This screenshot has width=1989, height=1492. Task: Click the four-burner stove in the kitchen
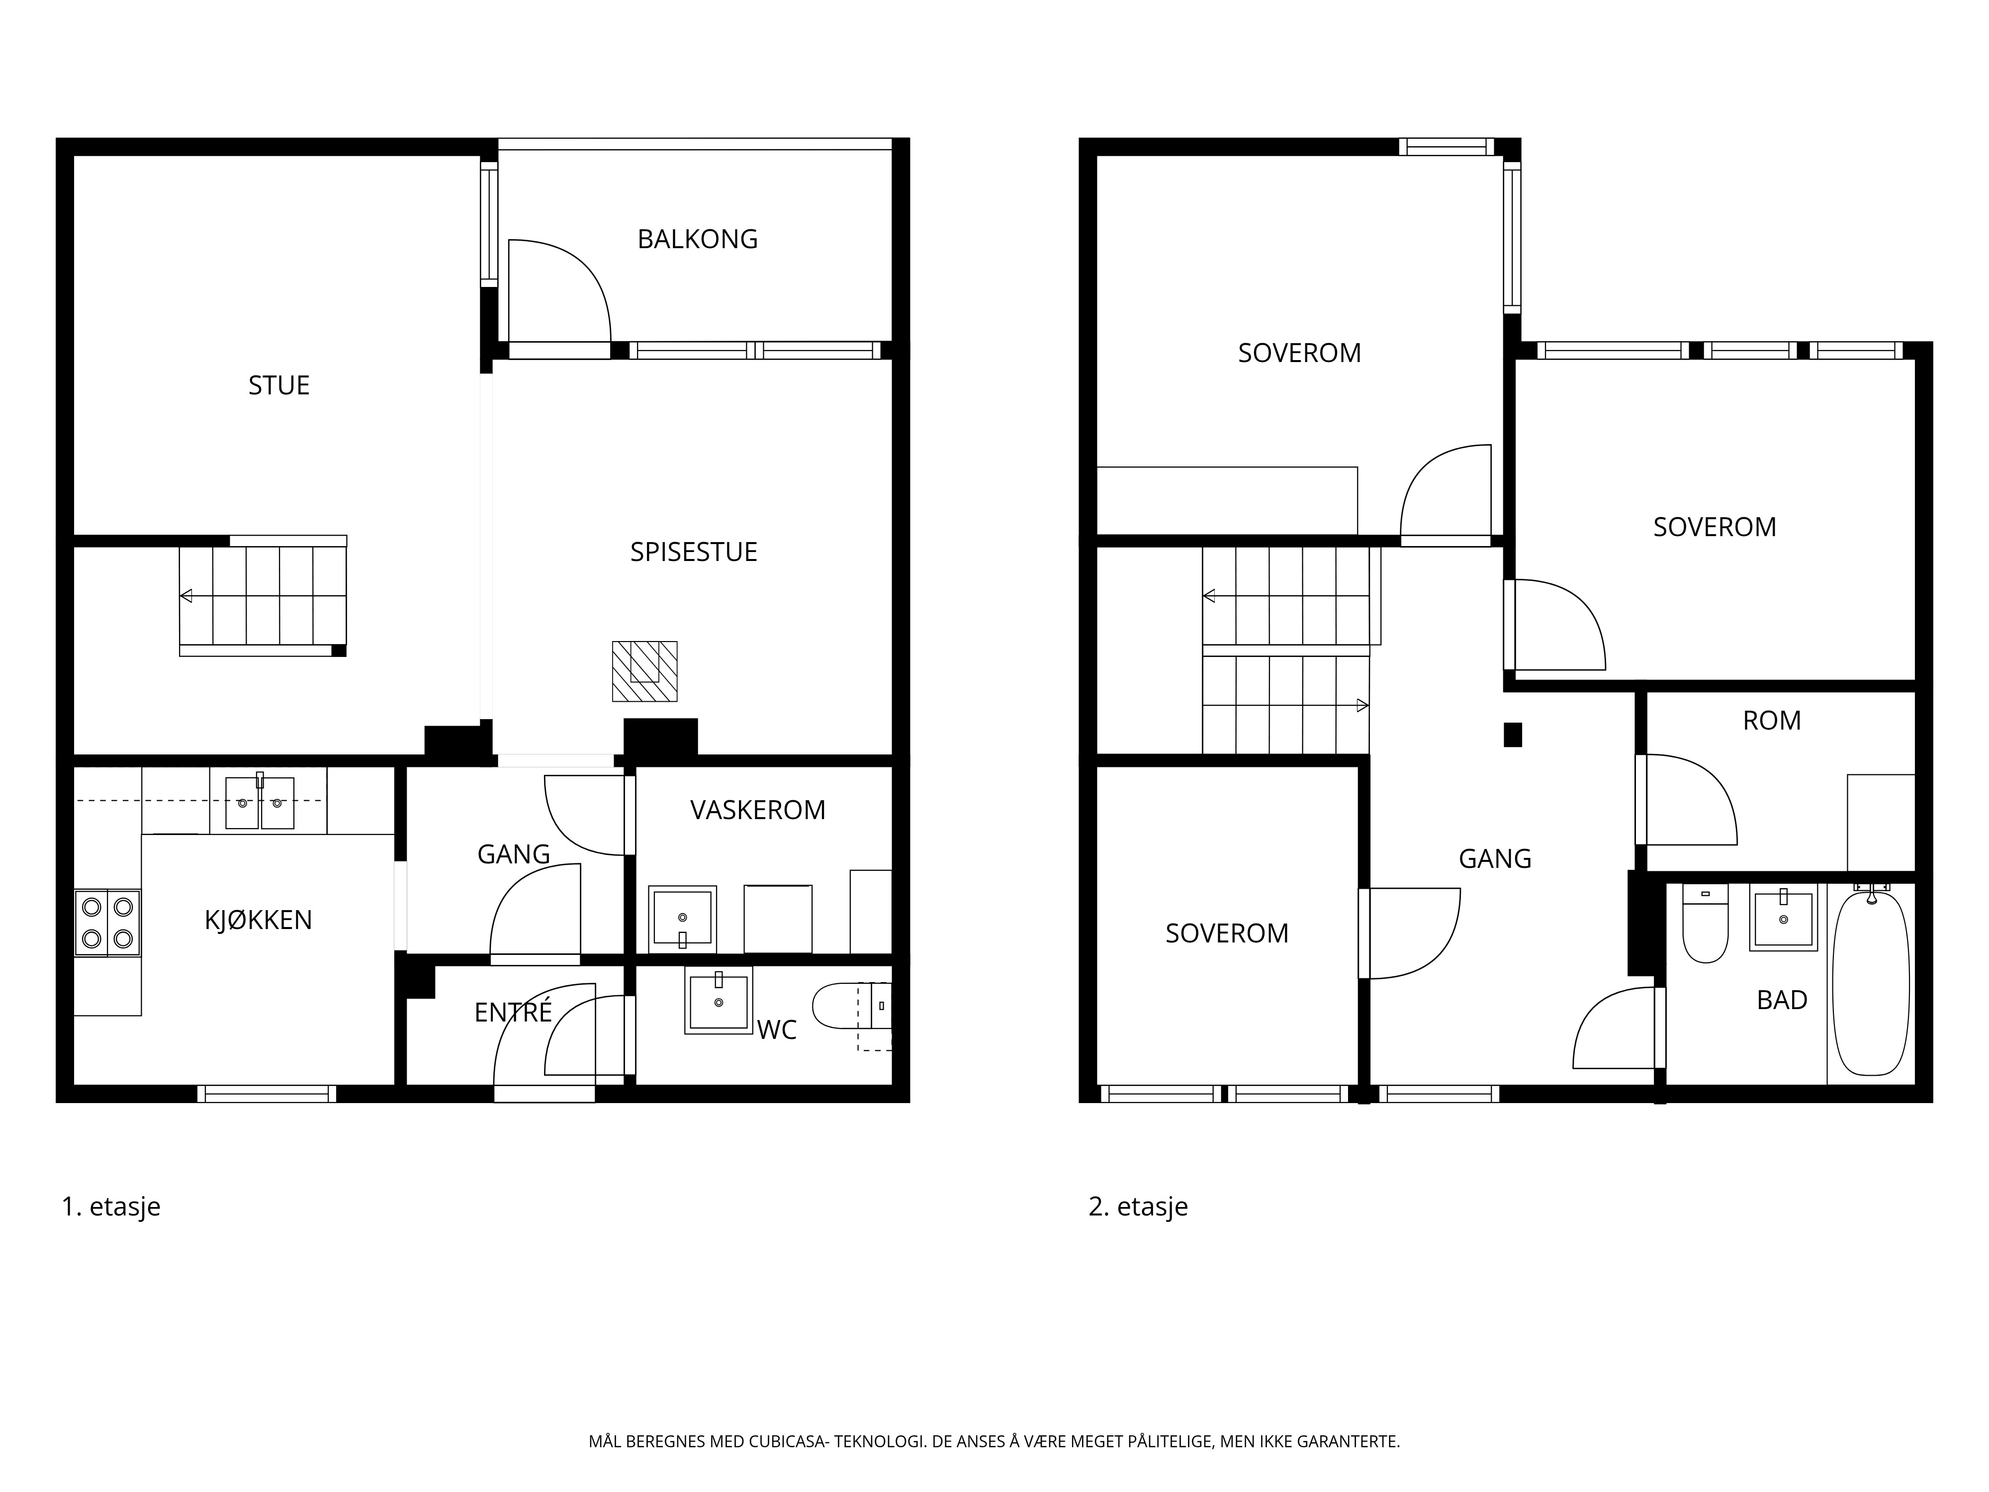pos(107,923)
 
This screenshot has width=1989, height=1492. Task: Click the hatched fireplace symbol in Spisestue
pos(645,671)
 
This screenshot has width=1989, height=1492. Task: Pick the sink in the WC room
pos(719,1000)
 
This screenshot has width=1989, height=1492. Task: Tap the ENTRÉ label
pos(513,1012)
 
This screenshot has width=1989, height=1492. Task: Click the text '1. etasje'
pos(110,1206)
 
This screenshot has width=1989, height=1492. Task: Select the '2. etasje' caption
pos(1138,1206)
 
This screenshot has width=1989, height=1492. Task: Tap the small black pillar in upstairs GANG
pos(1513,735)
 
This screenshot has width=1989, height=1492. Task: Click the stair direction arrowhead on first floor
pos(186,595)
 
